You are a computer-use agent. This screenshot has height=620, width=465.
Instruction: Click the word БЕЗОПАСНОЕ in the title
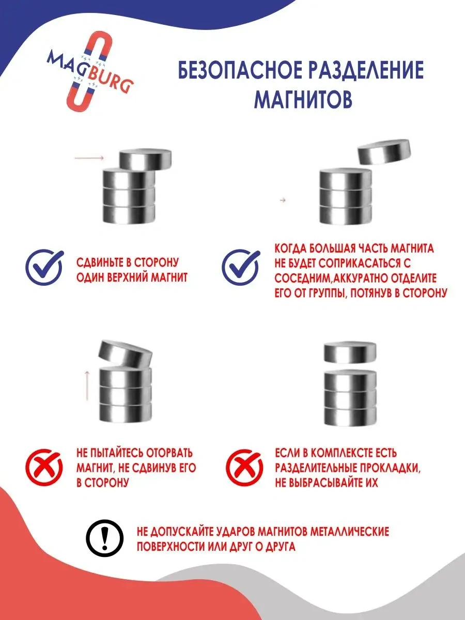[235, 71]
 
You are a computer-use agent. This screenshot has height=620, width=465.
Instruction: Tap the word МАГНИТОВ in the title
[303, 99]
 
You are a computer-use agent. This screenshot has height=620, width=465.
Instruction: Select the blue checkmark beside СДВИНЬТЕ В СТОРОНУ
[44, 268]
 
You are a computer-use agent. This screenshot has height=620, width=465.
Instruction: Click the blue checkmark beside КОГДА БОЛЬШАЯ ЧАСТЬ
[240, 267]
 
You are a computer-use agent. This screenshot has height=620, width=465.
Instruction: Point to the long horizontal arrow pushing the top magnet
[89, 158]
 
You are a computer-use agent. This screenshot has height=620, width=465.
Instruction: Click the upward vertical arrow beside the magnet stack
[87, 385]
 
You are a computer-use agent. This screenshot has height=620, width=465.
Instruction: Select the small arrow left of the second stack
[283, 200]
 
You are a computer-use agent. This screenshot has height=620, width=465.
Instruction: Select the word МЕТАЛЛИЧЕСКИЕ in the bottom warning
[350, 531]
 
